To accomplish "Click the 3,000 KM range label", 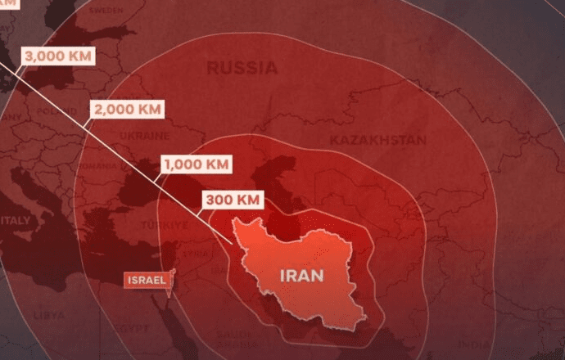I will point(58,56).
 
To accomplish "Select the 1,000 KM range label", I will point(196,164).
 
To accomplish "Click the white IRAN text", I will point(301,275).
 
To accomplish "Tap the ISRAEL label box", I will point(147,280).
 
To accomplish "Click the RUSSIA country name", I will point(242,68).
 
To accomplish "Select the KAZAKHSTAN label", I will point(377,140).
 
